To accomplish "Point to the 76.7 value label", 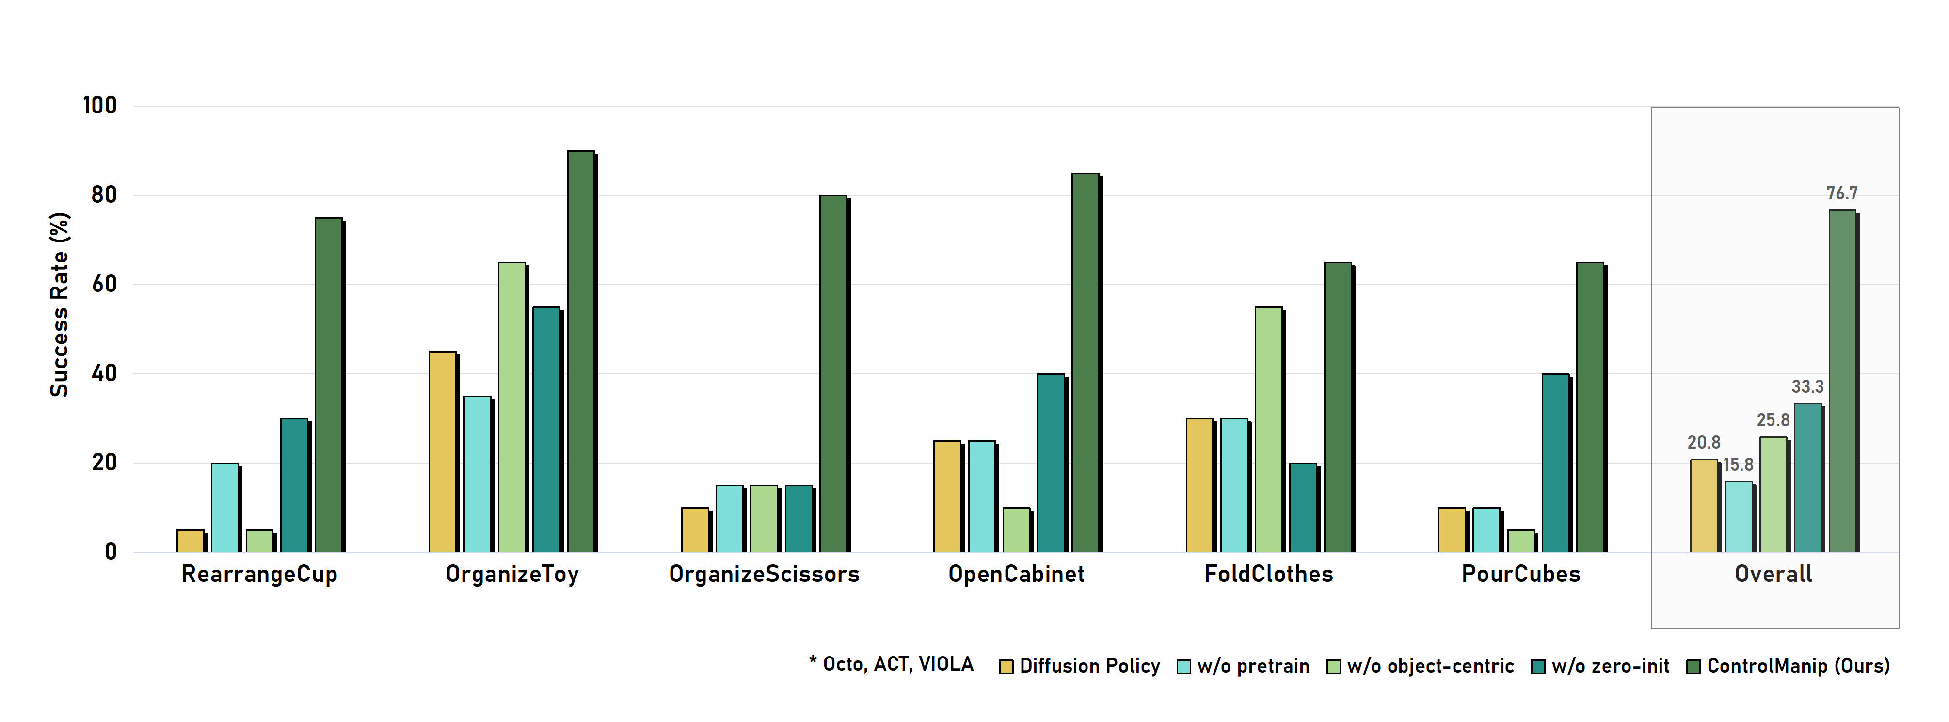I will tap(1841, 194).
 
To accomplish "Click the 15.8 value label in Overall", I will tap(1738, 465).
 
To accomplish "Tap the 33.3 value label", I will tap(1807, 387).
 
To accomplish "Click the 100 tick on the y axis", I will tap(100, 106).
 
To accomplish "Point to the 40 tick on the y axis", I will tap(104, 374).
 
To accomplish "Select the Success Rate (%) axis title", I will tap(59, 304).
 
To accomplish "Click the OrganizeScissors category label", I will tap(764, 575).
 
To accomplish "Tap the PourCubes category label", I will tap(1521, 575).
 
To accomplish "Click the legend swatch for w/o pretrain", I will tap(1184, 667).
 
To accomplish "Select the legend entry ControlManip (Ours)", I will tap(1798, 666).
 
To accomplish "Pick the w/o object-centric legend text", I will tap(1430, 666).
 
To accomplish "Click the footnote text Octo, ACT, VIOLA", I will tap(897, 664).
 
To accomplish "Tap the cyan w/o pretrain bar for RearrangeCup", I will tap(224, 507).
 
